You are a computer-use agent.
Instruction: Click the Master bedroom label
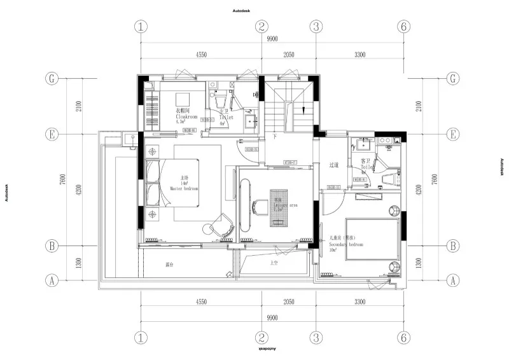[185, 189]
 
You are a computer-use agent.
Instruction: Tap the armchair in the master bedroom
[221, 225]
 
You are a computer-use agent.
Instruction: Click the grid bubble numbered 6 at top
[402, 27]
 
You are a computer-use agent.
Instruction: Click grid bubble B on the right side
[453, 246]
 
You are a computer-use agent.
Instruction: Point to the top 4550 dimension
[200, 55]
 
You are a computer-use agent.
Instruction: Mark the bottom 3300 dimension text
[359, 303]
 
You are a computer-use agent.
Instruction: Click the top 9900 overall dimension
[272, 39]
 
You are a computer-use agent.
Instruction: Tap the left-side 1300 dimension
[78, 263]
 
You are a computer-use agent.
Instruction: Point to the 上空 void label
[274, 262]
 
